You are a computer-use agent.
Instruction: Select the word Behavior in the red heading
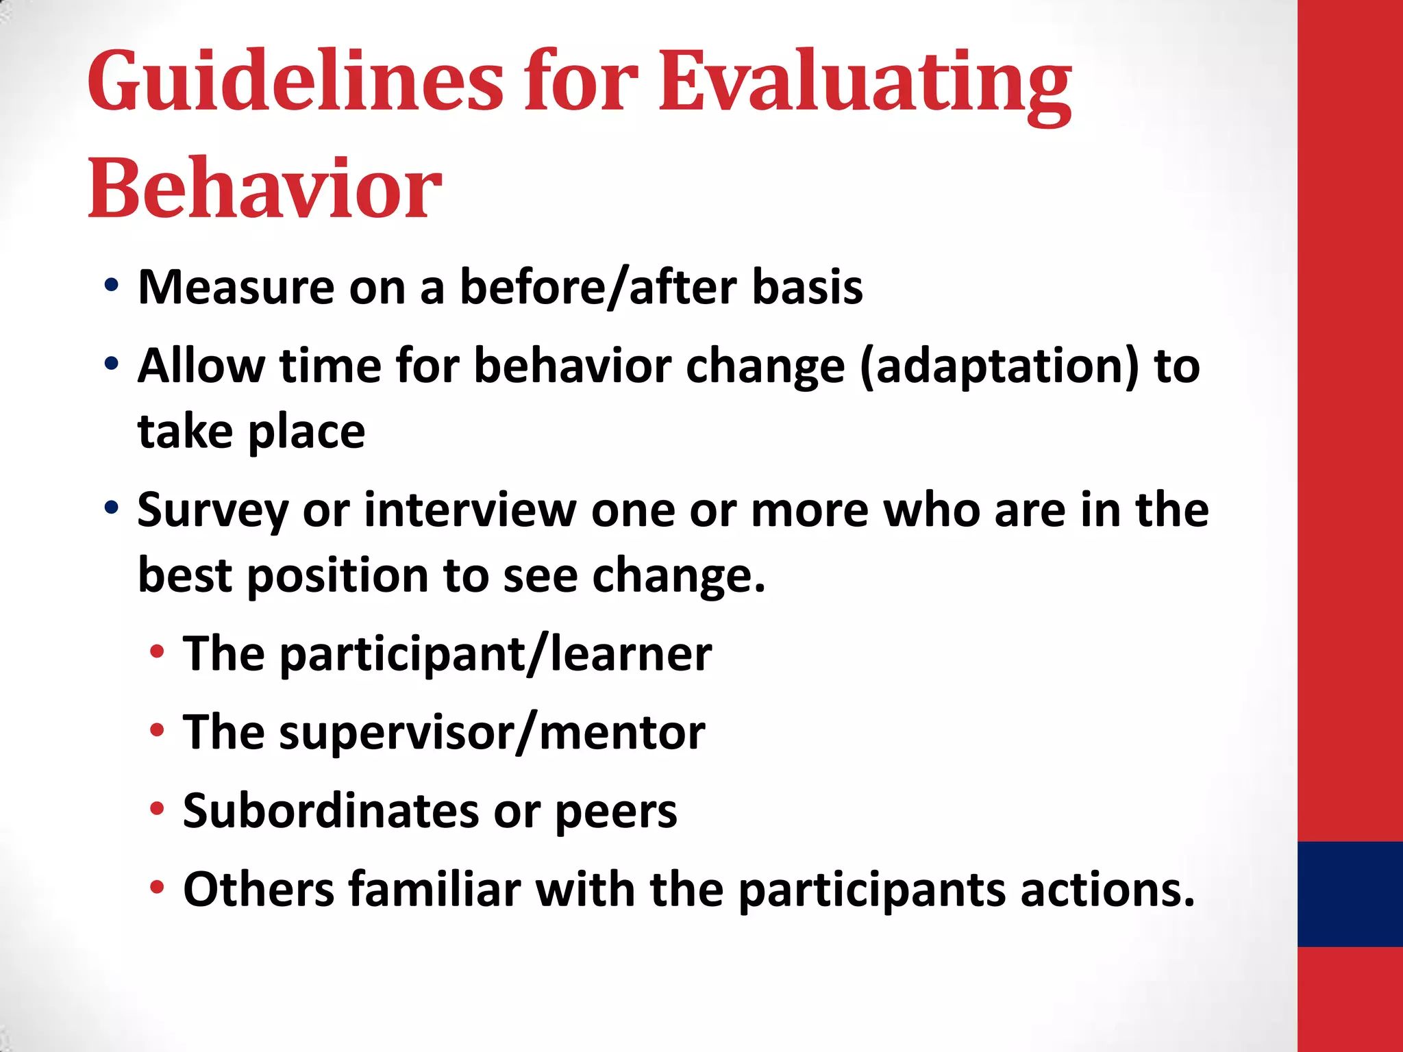click(264, 188)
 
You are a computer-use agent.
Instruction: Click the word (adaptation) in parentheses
click(999, 366)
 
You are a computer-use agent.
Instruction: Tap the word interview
click(470, 510)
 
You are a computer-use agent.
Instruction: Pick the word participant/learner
click(496, 654)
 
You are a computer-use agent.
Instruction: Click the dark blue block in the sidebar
click(1350, 894)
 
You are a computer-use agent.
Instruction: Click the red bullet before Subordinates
click(157, 809)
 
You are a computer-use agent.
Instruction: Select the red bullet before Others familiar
click(157, 888)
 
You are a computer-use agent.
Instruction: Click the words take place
click(251, 431)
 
